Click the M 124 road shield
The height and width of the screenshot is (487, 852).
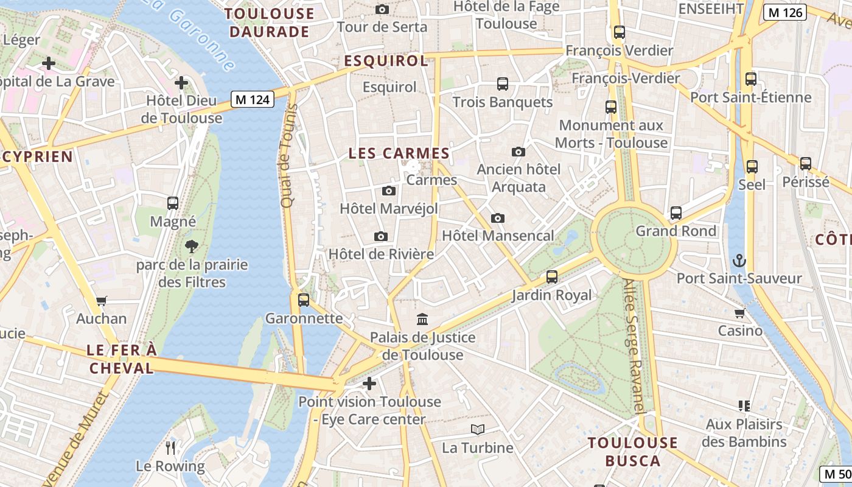(252, 99)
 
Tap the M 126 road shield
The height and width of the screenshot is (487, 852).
(785, 12)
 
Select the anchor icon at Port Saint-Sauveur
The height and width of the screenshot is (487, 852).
(739, 261)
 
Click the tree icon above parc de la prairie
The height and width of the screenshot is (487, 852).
(192, 247)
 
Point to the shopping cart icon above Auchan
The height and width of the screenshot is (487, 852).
(102, 301)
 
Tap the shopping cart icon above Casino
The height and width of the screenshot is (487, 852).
(739, 313)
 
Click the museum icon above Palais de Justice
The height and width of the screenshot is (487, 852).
(422, 319)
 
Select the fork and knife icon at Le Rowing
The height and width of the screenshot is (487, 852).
(170, 448)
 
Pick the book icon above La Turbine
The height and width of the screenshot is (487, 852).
(478, 430)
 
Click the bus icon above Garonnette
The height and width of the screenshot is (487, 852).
(304, 300)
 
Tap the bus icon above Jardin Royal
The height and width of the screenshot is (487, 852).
(552, 277)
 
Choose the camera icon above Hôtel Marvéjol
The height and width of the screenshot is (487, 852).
(389, 191)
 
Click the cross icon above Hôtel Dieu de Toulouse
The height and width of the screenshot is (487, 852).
(181, 83)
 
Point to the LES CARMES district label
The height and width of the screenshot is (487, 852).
(399, 153)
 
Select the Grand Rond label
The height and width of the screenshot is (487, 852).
(676, 231)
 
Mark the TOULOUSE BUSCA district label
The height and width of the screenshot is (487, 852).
(633, 451)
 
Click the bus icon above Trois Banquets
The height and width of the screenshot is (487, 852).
(503, 84)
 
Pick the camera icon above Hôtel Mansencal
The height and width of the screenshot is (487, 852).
(498, 218)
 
